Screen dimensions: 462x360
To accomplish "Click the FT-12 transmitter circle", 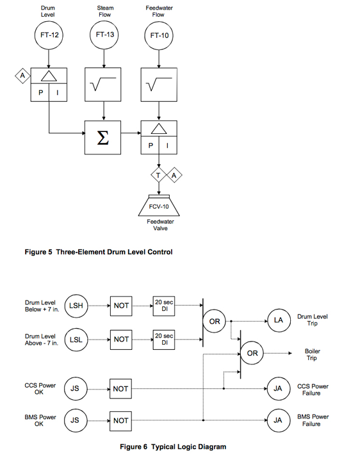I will [49, 36].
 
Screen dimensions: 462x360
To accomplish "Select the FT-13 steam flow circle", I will [104, 36].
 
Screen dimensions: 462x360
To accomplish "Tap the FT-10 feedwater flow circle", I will [159, 36].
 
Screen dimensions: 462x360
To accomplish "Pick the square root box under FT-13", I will [104, 85].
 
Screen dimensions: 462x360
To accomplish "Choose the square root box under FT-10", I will [159, 85].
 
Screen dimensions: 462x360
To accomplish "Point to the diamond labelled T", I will [159, 175].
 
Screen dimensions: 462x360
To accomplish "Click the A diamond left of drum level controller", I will [22, 77].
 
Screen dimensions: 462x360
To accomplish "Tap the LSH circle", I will [75, 306].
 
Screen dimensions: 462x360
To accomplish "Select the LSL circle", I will [75, 340].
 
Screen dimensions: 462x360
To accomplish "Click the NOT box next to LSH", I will [121, 306].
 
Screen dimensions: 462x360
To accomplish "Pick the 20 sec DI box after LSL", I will [164, 340].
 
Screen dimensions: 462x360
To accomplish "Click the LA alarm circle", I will [278, 320].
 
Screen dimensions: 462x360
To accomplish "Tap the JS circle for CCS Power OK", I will [75, 389].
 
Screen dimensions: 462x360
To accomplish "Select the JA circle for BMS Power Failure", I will [278, 420].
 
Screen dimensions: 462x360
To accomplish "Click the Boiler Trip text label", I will [313, 354].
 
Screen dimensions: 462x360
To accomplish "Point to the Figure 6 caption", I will [173, 447].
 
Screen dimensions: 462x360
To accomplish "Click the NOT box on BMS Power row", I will [121, 420].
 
